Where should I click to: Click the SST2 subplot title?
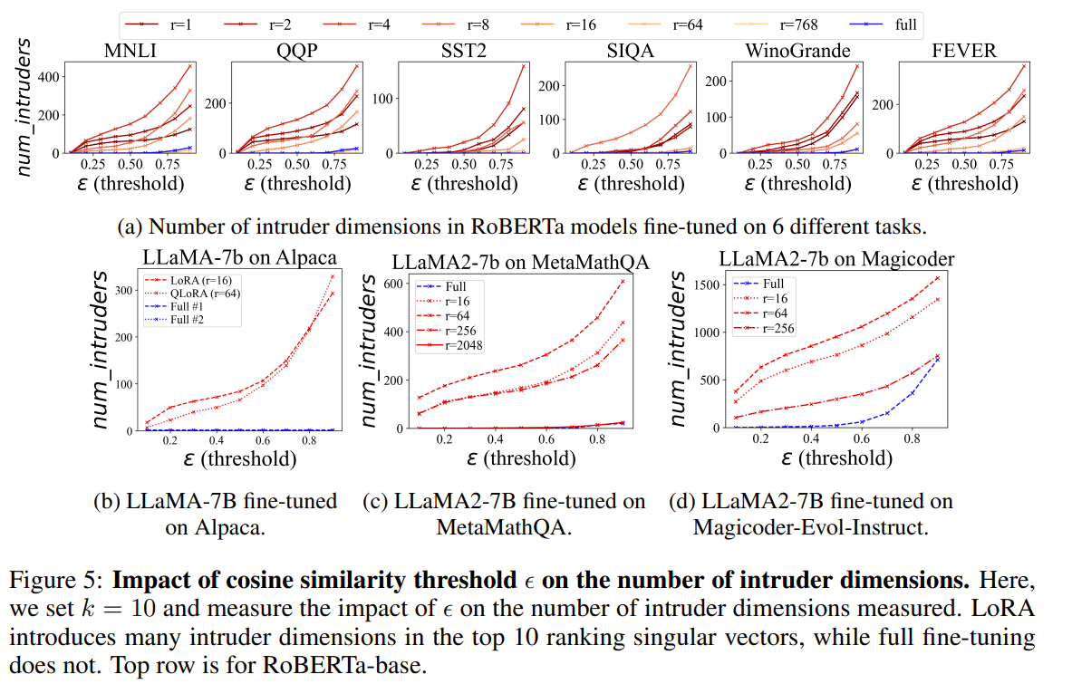pyautogui.click(x=461, y=50)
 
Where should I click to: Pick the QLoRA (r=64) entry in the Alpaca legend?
pyautogui.click(x=205, y=294)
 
